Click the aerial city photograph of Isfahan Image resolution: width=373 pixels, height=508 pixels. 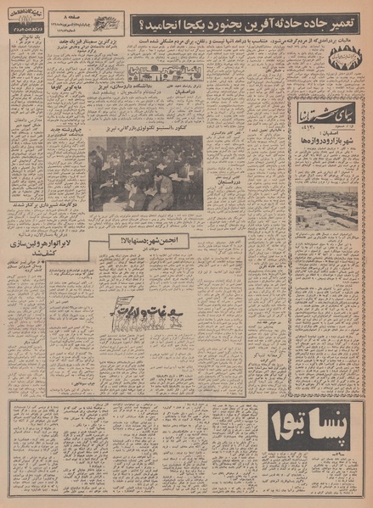coord(326,209)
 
